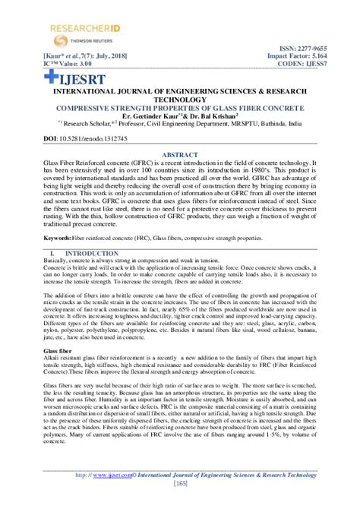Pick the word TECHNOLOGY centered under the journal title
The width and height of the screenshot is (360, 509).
[180, 99]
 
